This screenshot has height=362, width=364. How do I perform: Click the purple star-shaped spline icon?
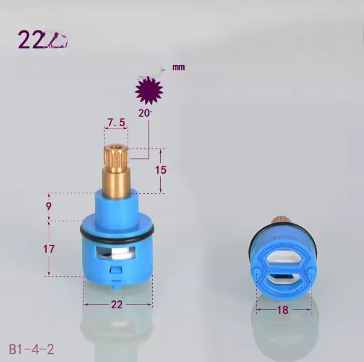click(x=149, y=91)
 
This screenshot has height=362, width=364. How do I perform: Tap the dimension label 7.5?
click(x=116, y=122)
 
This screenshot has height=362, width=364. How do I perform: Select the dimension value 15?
click(x=160, y=170)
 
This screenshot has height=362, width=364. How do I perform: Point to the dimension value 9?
click(x=49, y=206)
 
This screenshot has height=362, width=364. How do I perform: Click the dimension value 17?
click(x=49, y=249)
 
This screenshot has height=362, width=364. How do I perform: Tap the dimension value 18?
click(x=283, y=311)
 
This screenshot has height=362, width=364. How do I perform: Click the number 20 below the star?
click(x=144, y=112)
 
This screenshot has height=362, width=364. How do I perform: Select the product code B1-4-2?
click(x=32, y=349)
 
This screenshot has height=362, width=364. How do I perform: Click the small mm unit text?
click(x=178, y=68)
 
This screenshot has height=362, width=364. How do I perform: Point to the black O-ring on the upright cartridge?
click(x=117, y=232)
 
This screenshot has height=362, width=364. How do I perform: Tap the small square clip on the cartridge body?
click(x=116, y=270)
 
